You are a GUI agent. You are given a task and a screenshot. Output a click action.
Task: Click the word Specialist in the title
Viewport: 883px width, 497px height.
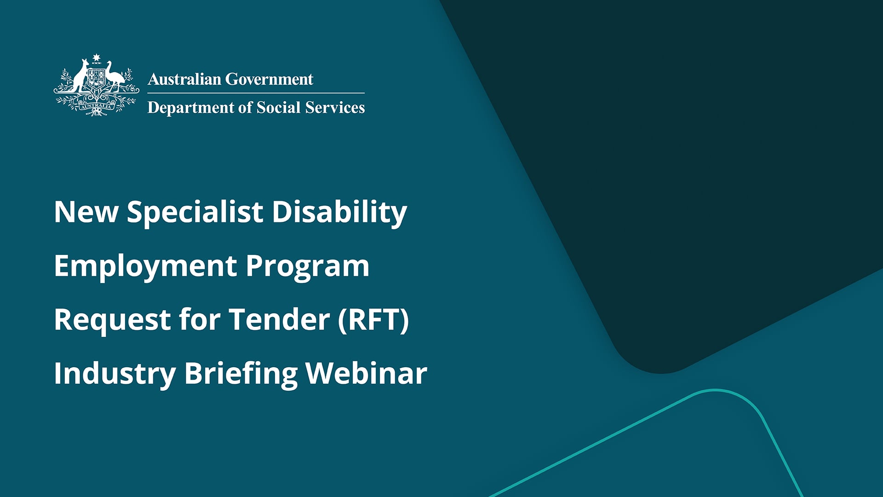[x=195, y=213]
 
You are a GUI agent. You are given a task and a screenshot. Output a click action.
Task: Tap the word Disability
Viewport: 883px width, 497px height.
[x=339, y=213]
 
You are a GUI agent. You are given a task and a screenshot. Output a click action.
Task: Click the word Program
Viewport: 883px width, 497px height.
[x=307, y=266]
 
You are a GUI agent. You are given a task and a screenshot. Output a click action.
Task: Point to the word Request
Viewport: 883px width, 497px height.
[x=112, y=320]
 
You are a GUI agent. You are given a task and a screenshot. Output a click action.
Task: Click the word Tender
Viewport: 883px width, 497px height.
[x=279, y=320]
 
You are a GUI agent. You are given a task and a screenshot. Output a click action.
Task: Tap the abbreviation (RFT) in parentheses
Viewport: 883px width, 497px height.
[x=373, y=320]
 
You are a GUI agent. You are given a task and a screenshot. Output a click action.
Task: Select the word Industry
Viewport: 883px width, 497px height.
[x=115, y=374]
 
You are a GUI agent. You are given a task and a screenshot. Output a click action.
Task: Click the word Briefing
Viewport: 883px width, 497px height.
[x=241, y=374]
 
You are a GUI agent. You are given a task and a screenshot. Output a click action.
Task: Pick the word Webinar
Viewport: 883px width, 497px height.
[x=366, y=374]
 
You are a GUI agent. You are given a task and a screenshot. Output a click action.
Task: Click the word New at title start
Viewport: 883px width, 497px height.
[x=86, y=213]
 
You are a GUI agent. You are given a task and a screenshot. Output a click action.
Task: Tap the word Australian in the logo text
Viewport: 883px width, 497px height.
[x=184, y=79]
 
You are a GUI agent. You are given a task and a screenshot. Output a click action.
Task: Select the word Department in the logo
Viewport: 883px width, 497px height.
[x=191, y=108]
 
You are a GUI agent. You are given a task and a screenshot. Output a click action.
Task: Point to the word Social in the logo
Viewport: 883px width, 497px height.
[x=278, y=108]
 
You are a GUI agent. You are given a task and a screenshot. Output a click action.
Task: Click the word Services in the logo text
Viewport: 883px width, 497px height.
[x=335, y=108]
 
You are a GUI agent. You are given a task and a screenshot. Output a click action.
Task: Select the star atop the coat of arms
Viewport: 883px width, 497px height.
[x=96, y=58]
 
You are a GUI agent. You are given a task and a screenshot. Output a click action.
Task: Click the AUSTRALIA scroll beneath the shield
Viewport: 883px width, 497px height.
[x=96, y=106]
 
